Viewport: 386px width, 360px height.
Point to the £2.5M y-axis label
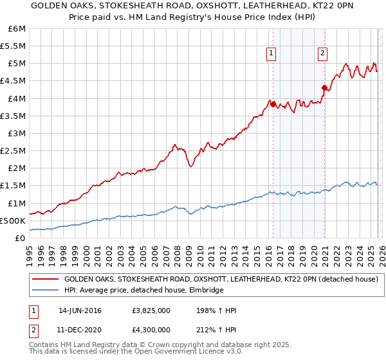[x=13, y=150]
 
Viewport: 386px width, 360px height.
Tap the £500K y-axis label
[x=13, y=221]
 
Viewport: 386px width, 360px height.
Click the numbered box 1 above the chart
[x=271, y=54]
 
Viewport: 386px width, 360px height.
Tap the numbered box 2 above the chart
[x=322, y=54]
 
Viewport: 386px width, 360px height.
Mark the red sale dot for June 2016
[x=273, y=104]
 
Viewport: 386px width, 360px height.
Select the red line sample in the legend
[x=45, y=280]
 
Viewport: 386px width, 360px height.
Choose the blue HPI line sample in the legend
[x=45, y=291]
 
